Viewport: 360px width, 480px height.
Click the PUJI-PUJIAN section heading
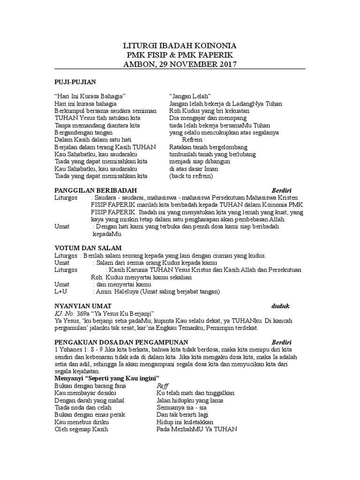coord(75,82)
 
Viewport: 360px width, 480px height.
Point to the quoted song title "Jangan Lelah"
coord(190,96)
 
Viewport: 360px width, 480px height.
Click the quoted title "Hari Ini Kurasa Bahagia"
coord(90,96)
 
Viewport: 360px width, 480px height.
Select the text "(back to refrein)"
coord(191,176)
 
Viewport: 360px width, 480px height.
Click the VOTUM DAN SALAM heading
coord(88,247)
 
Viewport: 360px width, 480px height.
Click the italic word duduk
coord(281,306)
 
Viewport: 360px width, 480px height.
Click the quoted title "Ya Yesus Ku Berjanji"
coord(125,313)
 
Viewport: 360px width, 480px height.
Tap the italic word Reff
coord(162,385)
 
